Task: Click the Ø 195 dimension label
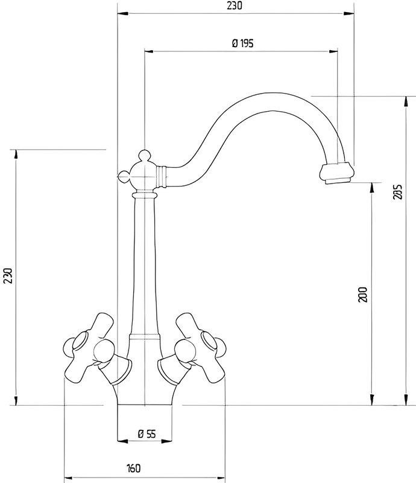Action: [243, 43]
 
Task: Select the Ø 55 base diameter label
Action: [147, 434]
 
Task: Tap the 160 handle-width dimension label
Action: [133, 469]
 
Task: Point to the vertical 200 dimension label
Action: [363, 294]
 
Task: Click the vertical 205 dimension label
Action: [398, 191]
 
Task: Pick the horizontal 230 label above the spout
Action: [235, 6]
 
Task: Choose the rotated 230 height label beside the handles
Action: [7, 276]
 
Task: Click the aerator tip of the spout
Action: [337, 173]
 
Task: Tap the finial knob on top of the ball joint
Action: [144, 156]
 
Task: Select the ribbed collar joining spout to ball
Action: [162, 176]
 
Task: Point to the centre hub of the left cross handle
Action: [104, 351]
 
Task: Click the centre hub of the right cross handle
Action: [185, 351]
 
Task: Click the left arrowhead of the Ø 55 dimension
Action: [122, 441]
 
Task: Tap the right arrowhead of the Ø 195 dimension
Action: [333, 51]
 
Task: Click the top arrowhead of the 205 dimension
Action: [406, 101]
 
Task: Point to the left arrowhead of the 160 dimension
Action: [69, 478]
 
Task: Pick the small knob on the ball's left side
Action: [124, 176]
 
